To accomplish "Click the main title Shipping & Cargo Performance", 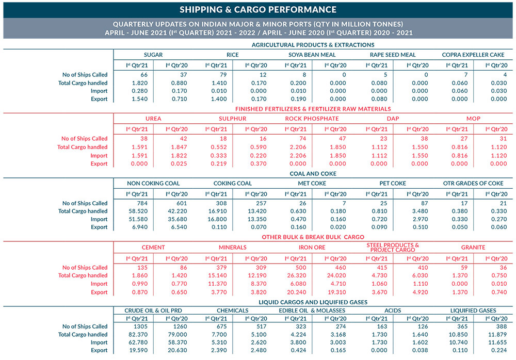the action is tap(258, 10).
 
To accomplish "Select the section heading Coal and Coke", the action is tap(313, 174).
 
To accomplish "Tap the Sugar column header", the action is tap(153, 55).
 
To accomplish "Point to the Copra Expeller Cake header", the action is tap(473, 55).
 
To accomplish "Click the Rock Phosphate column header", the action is tap(312, 119).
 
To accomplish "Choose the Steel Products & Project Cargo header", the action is tap(393, 247).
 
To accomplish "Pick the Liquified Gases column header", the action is tap(473, 310).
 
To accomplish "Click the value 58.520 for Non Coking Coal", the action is tap(138, 211).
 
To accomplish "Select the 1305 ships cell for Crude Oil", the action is tap(140, 326).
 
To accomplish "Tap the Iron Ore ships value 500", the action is tap(301, 268).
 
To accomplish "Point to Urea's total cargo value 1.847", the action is tap(179, 147).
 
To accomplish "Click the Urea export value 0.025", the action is tap(179, 163).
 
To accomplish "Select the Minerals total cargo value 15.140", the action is tap(218, 275).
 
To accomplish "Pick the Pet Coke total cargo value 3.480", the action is tap(420, 211).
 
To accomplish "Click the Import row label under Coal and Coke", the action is tap(99, 219).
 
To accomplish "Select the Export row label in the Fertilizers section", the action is tap(99, 163).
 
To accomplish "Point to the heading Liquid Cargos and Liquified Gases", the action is tap(313, 302).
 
